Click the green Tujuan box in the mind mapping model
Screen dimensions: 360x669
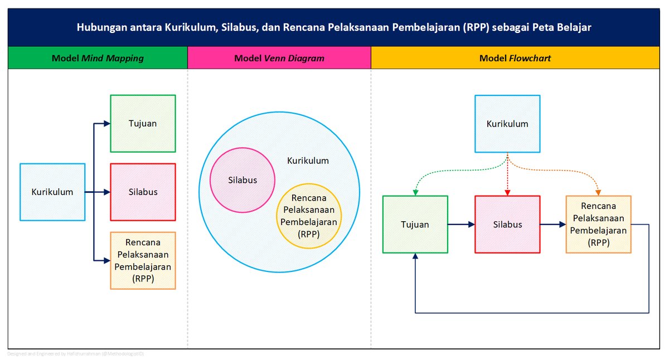[x=143, y=123]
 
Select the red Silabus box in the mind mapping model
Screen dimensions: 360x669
[x=143, y=192]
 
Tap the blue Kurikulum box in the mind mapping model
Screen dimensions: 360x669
[x=52, y=192]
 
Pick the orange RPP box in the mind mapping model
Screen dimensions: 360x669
[x=143, y=260]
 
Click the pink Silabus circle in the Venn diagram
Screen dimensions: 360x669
[x=242, y=180]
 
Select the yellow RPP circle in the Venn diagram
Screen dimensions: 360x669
[x=309, y=216]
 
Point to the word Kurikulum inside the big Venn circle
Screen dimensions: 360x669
[x=308, y=160]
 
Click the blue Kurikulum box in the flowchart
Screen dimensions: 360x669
[x=507, y=124]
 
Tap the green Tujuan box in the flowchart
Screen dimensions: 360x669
[x=415, y=225]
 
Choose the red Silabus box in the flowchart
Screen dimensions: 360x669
[x=507, y=225]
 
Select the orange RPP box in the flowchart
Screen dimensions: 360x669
[x=598, y=224]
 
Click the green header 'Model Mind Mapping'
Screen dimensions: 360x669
[x=98, y=58]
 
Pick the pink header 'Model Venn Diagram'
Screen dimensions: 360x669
[x=279, y=58]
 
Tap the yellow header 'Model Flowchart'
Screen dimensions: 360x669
[x=515, y=58]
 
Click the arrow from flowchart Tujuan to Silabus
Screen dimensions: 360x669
[x=462, y=225]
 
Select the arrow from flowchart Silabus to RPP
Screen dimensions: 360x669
[x=553, y=225]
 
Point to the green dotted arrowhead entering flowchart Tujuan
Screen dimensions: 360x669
[x=415, y=192]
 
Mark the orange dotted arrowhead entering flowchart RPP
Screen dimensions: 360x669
[x=598, y=192]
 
